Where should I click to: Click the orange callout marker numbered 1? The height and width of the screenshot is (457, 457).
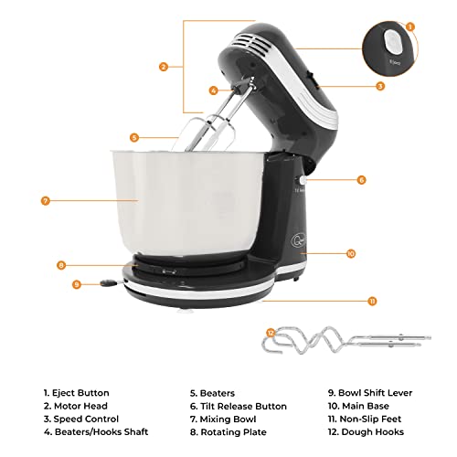pyautogui.click(x=410, y=27)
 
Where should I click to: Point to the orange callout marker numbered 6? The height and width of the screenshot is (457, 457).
pyautogui.click(x=361, y=180)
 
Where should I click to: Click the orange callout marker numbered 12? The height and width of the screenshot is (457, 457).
pyautogui.click(x=270, y=333)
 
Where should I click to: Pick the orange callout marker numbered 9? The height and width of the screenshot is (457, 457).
pyautogui.click(x=77, y=284)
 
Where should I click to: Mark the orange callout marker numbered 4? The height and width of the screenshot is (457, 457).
pyautogui.click(x=213, y=90)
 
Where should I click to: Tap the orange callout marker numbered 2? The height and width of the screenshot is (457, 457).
pyautogui.click(x=163, y=66)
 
